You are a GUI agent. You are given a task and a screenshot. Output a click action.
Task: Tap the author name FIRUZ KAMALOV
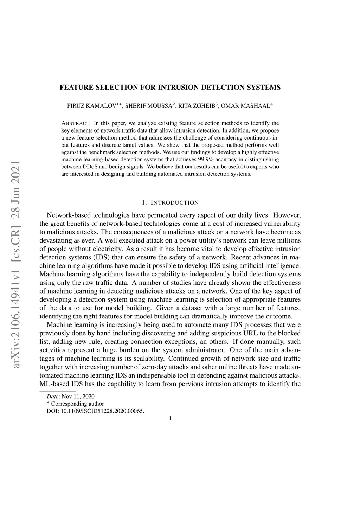point(92,106)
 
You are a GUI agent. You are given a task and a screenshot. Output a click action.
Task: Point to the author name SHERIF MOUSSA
point(148,106)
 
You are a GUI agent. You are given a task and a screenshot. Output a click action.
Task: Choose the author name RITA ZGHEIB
point(197,106)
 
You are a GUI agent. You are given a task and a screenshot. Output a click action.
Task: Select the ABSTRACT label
point(76,123)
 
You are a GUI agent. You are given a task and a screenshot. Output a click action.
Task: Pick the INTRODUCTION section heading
point(174,203)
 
